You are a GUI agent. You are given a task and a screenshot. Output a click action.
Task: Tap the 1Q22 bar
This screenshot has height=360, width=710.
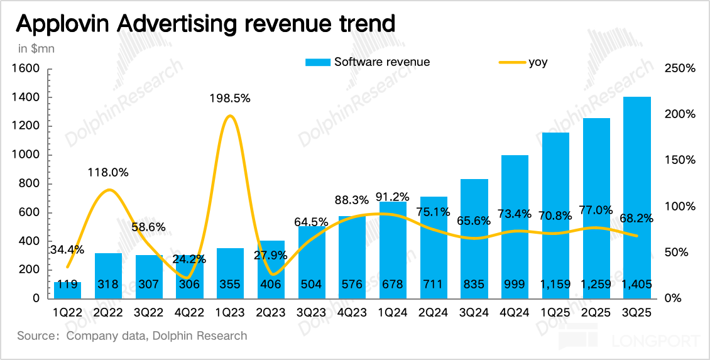(x=67, y=290)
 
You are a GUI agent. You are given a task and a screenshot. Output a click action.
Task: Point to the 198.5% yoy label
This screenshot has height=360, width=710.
(x=230, y=98)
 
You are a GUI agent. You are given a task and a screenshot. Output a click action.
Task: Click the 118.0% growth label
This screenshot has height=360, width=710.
(x=108, y=172)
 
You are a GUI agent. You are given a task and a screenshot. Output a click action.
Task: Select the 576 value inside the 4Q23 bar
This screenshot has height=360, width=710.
(x=351, y=285)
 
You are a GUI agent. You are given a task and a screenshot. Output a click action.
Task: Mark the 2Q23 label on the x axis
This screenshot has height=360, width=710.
(x=270, y=312)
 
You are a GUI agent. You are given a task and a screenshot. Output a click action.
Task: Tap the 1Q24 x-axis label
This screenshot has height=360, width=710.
(x=392, y=312)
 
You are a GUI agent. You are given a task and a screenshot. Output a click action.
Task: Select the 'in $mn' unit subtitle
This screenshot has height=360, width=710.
(x=36, y=48)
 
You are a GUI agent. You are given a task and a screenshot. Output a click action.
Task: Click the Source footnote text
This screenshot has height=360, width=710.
(x=133, y=335)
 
